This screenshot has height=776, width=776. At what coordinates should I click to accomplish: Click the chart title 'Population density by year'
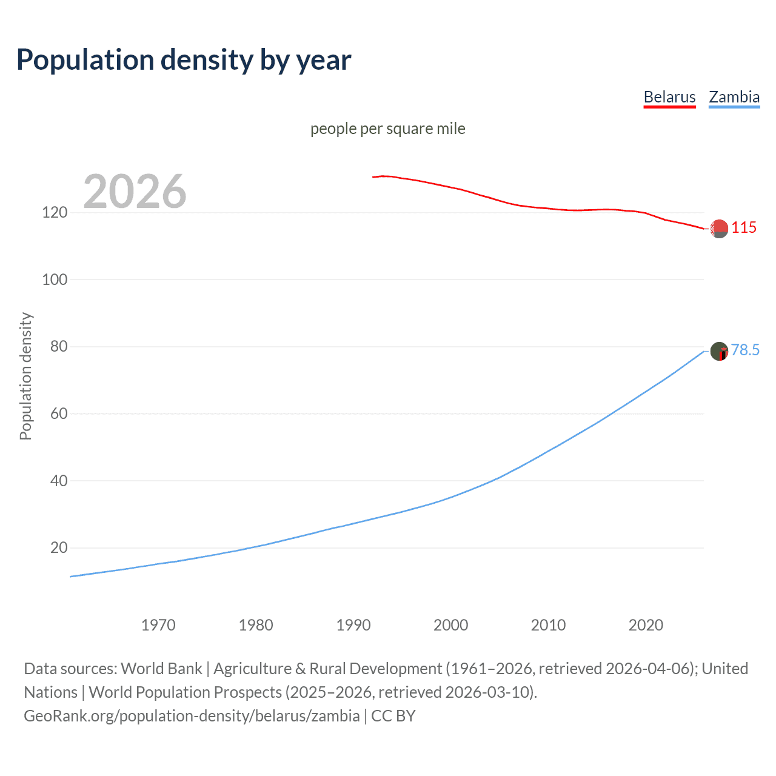[x=184, y=60]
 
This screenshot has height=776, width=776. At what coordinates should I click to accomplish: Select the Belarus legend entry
[x=669, y=97]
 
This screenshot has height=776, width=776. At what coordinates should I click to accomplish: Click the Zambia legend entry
[x=734, y=97]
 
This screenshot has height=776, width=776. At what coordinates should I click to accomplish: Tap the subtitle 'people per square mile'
[x=387, y=129]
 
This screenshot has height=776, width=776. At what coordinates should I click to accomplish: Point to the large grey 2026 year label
[x=135, y=192]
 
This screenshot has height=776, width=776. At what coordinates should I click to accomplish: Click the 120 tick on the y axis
[x=55, y=213]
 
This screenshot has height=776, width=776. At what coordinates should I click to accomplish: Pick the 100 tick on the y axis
[x=55, y=280]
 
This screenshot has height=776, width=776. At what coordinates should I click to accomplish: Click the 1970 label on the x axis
[x=158, y=625]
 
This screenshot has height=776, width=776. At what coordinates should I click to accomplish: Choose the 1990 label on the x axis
[x=353, y=625]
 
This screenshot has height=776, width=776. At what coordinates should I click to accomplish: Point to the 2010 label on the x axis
[x=548, y=625]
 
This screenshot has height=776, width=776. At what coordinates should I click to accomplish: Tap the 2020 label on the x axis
[x=646, y=625]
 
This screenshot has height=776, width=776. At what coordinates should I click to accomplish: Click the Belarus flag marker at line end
[x=719, y=229]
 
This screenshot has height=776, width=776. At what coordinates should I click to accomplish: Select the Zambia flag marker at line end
[x=719, y=351]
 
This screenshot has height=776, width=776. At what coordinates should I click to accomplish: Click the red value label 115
[x=744, y=228]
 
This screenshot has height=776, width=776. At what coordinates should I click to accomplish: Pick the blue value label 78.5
[x=745, y=350]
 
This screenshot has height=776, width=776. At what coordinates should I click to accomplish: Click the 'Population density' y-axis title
[x=25, y=376]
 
